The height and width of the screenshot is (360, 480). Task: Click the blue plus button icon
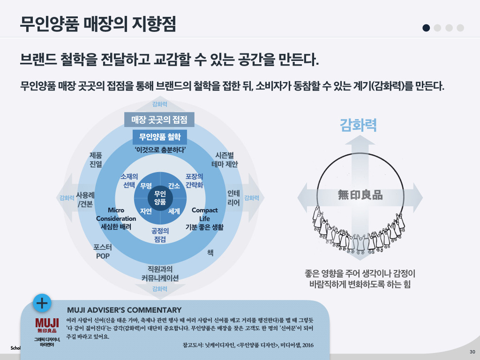(42, 303)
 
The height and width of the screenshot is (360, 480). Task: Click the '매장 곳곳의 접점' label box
(159, 120)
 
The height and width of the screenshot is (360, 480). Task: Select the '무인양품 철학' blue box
(160, 138)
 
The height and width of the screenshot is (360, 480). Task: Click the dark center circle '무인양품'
(160, 198)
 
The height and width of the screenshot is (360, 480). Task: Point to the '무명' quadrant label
(146, 186)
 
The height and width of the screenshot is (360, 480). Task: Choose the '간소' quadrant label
(174, 186)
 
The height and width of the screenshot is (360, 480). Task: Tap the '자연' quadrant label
(146, 211)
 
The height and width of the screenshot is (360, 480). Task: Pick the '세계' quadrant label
(174, 211)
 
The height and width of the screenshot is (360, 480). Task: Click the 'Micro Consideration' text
(116, 215)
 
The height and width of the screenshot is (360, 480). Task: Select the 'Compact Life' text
(204, 215)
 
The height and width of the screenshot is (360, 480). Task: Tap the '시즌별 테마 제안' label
(225, 159)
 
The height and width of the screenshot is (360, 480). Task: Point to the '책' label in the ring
(210, 252)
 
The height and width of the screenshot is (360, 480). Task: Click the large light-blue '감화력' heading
(358, 125)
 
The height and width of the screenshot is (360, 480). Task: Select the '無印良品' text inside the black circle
(360, 195)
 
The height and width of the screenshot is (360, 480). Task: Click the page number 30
(472, 352)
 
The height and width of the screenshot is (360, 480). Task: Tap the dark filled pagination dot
(426, 28)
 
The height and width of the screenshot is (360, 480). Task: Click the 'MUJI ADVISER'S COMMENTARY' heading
(124, 310)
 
